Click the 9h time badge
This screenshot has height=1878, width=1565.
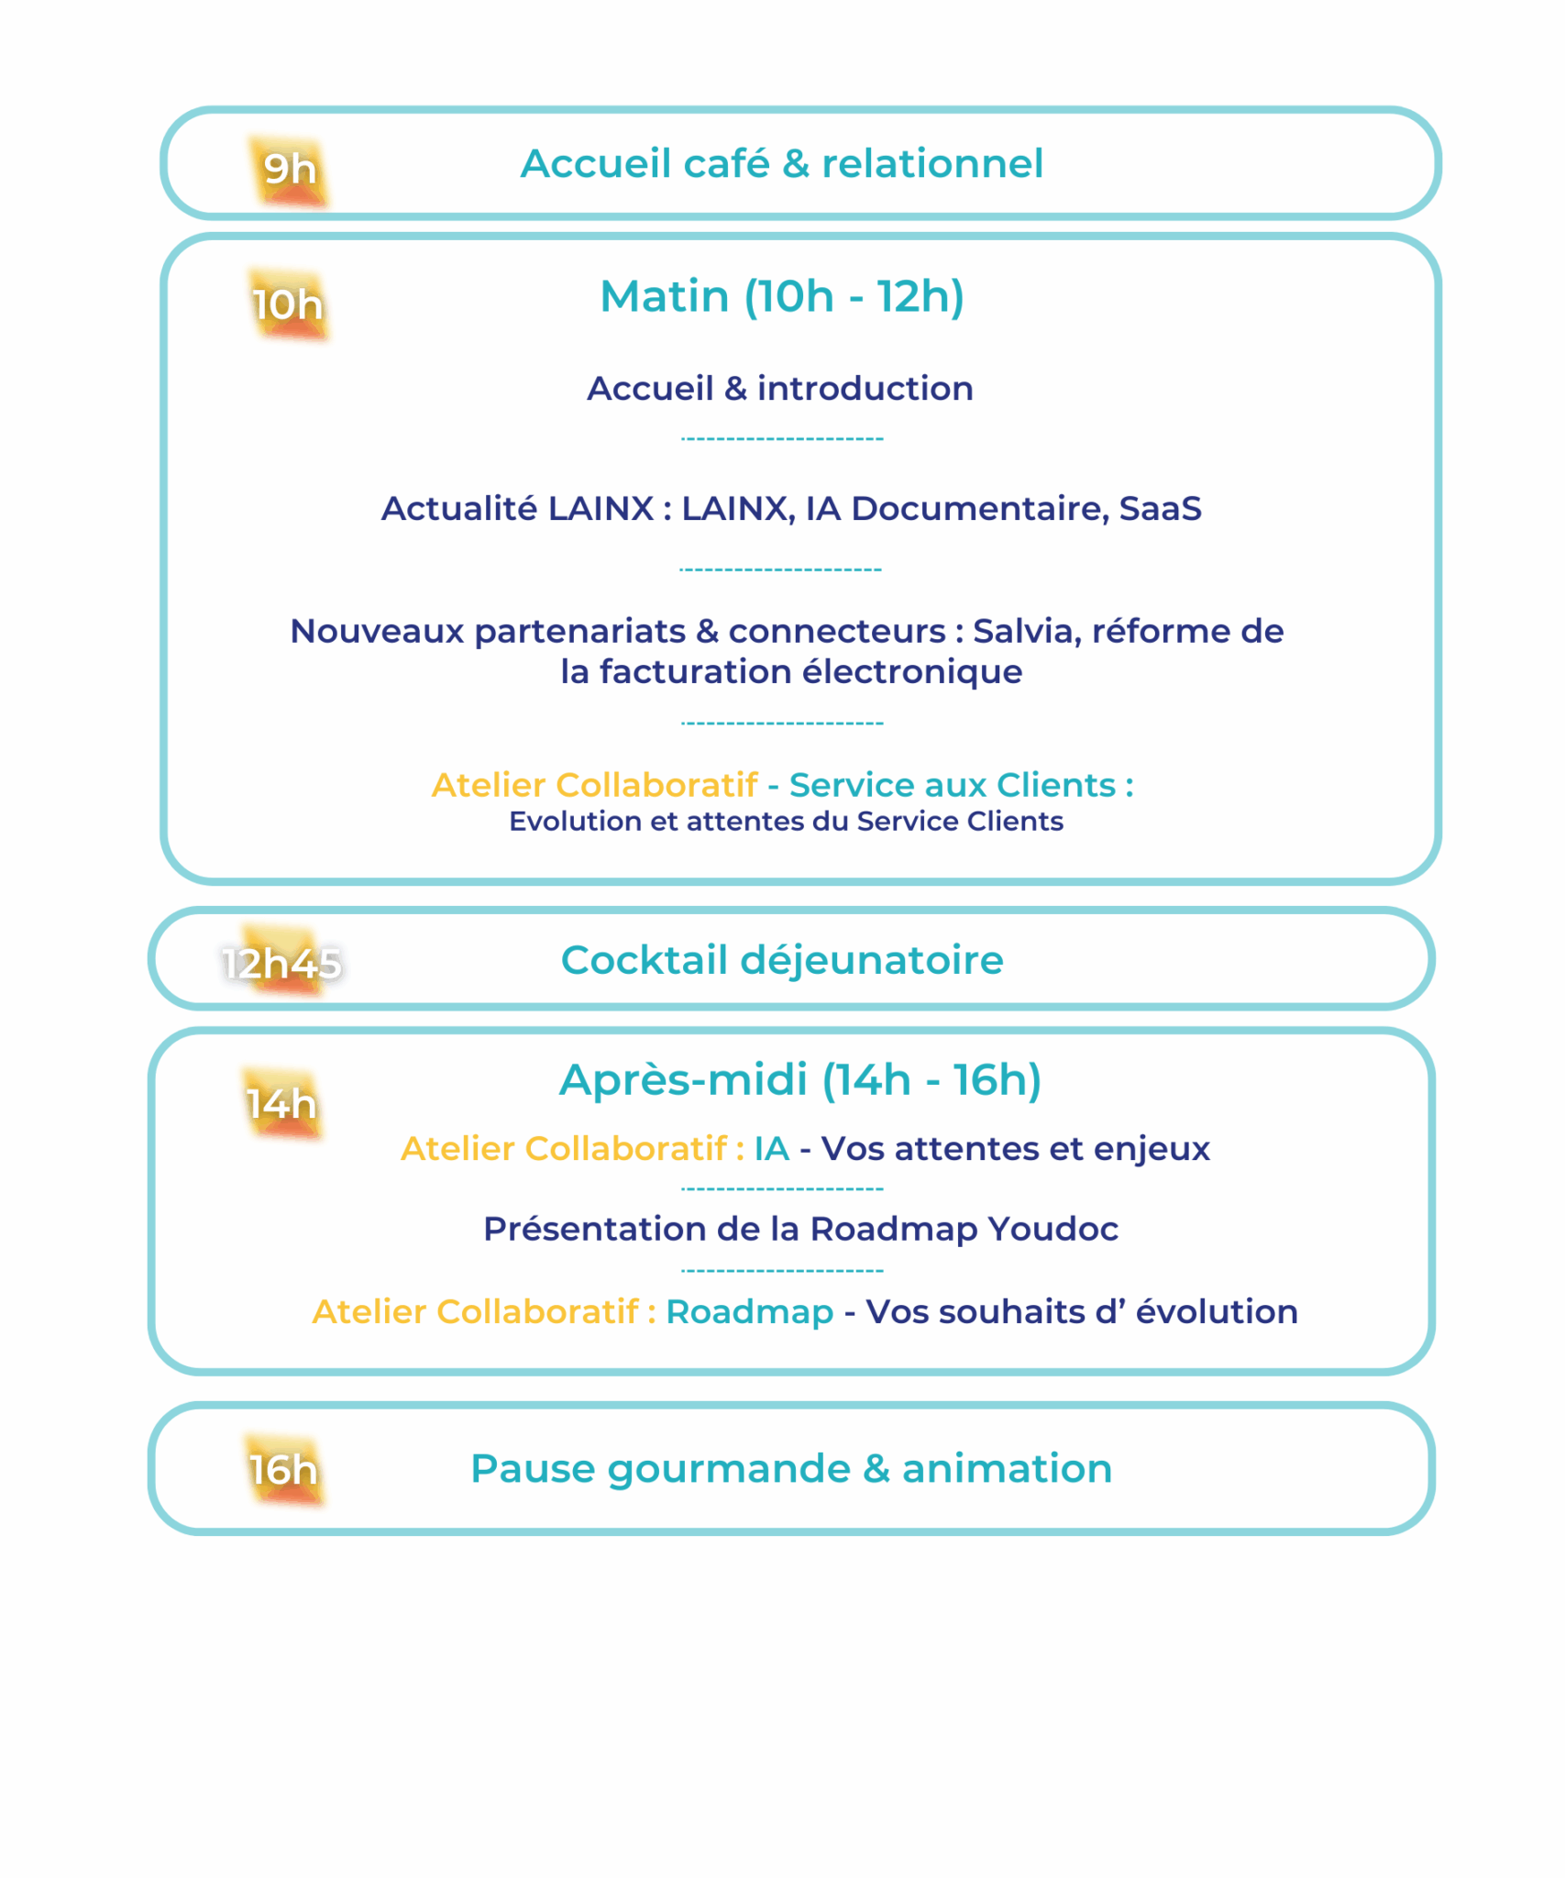[290, 170]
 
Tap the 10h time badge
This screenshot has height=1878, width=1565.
[288, 304]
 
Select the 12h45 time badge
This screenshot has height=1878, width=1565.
[281, 963]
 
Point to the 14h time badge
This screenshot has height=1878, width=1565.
[281, 1103]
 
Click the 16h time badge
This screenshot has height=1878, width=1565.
[283, 1470]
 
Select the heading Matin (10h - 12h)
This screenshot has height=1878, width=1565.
[782, 296]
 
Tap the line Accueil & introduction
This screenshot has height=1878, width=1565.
[780, 389]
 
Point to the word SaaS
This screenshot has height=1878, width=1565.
[1160, 509]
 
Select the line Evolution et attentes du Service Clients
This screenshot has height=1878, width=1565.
[786, 822]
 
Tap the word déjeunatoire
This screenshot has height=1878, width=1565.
[872, 960]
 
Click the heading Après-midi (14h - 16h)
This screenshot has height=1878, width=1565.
[800, 1079]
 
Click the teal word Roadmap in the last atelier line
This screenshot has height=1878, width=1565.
[749, 1312]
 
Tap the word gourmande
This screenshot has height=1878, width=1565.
[729, 1469]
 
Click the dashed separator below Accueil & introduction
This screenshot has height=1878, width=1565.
[782, 439]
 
